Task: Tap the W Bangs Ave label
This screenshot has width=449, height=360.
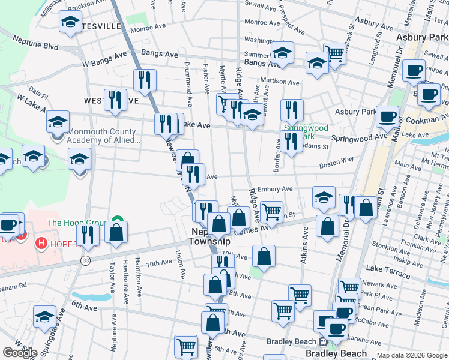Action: [x=104, y=59]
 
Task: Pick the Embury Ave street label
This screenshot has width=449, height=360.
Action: [x=276, y=190]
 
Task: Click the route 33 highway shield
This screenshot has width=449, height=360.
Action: [x=86, y=260]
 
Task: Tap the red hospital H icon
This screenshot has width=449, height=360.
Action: [x=41, y=243]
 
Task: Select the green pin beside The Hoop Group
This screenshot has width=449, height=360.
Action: [x=118, y=220]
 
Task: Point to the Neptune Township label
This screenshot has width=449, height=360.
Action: [x=209, y=236]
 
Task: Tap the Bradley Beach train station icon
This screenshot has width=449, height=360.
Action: [x=322, y=342]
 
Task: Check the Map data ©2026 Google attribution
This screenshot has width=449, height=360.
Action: [x=411, y=355]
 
